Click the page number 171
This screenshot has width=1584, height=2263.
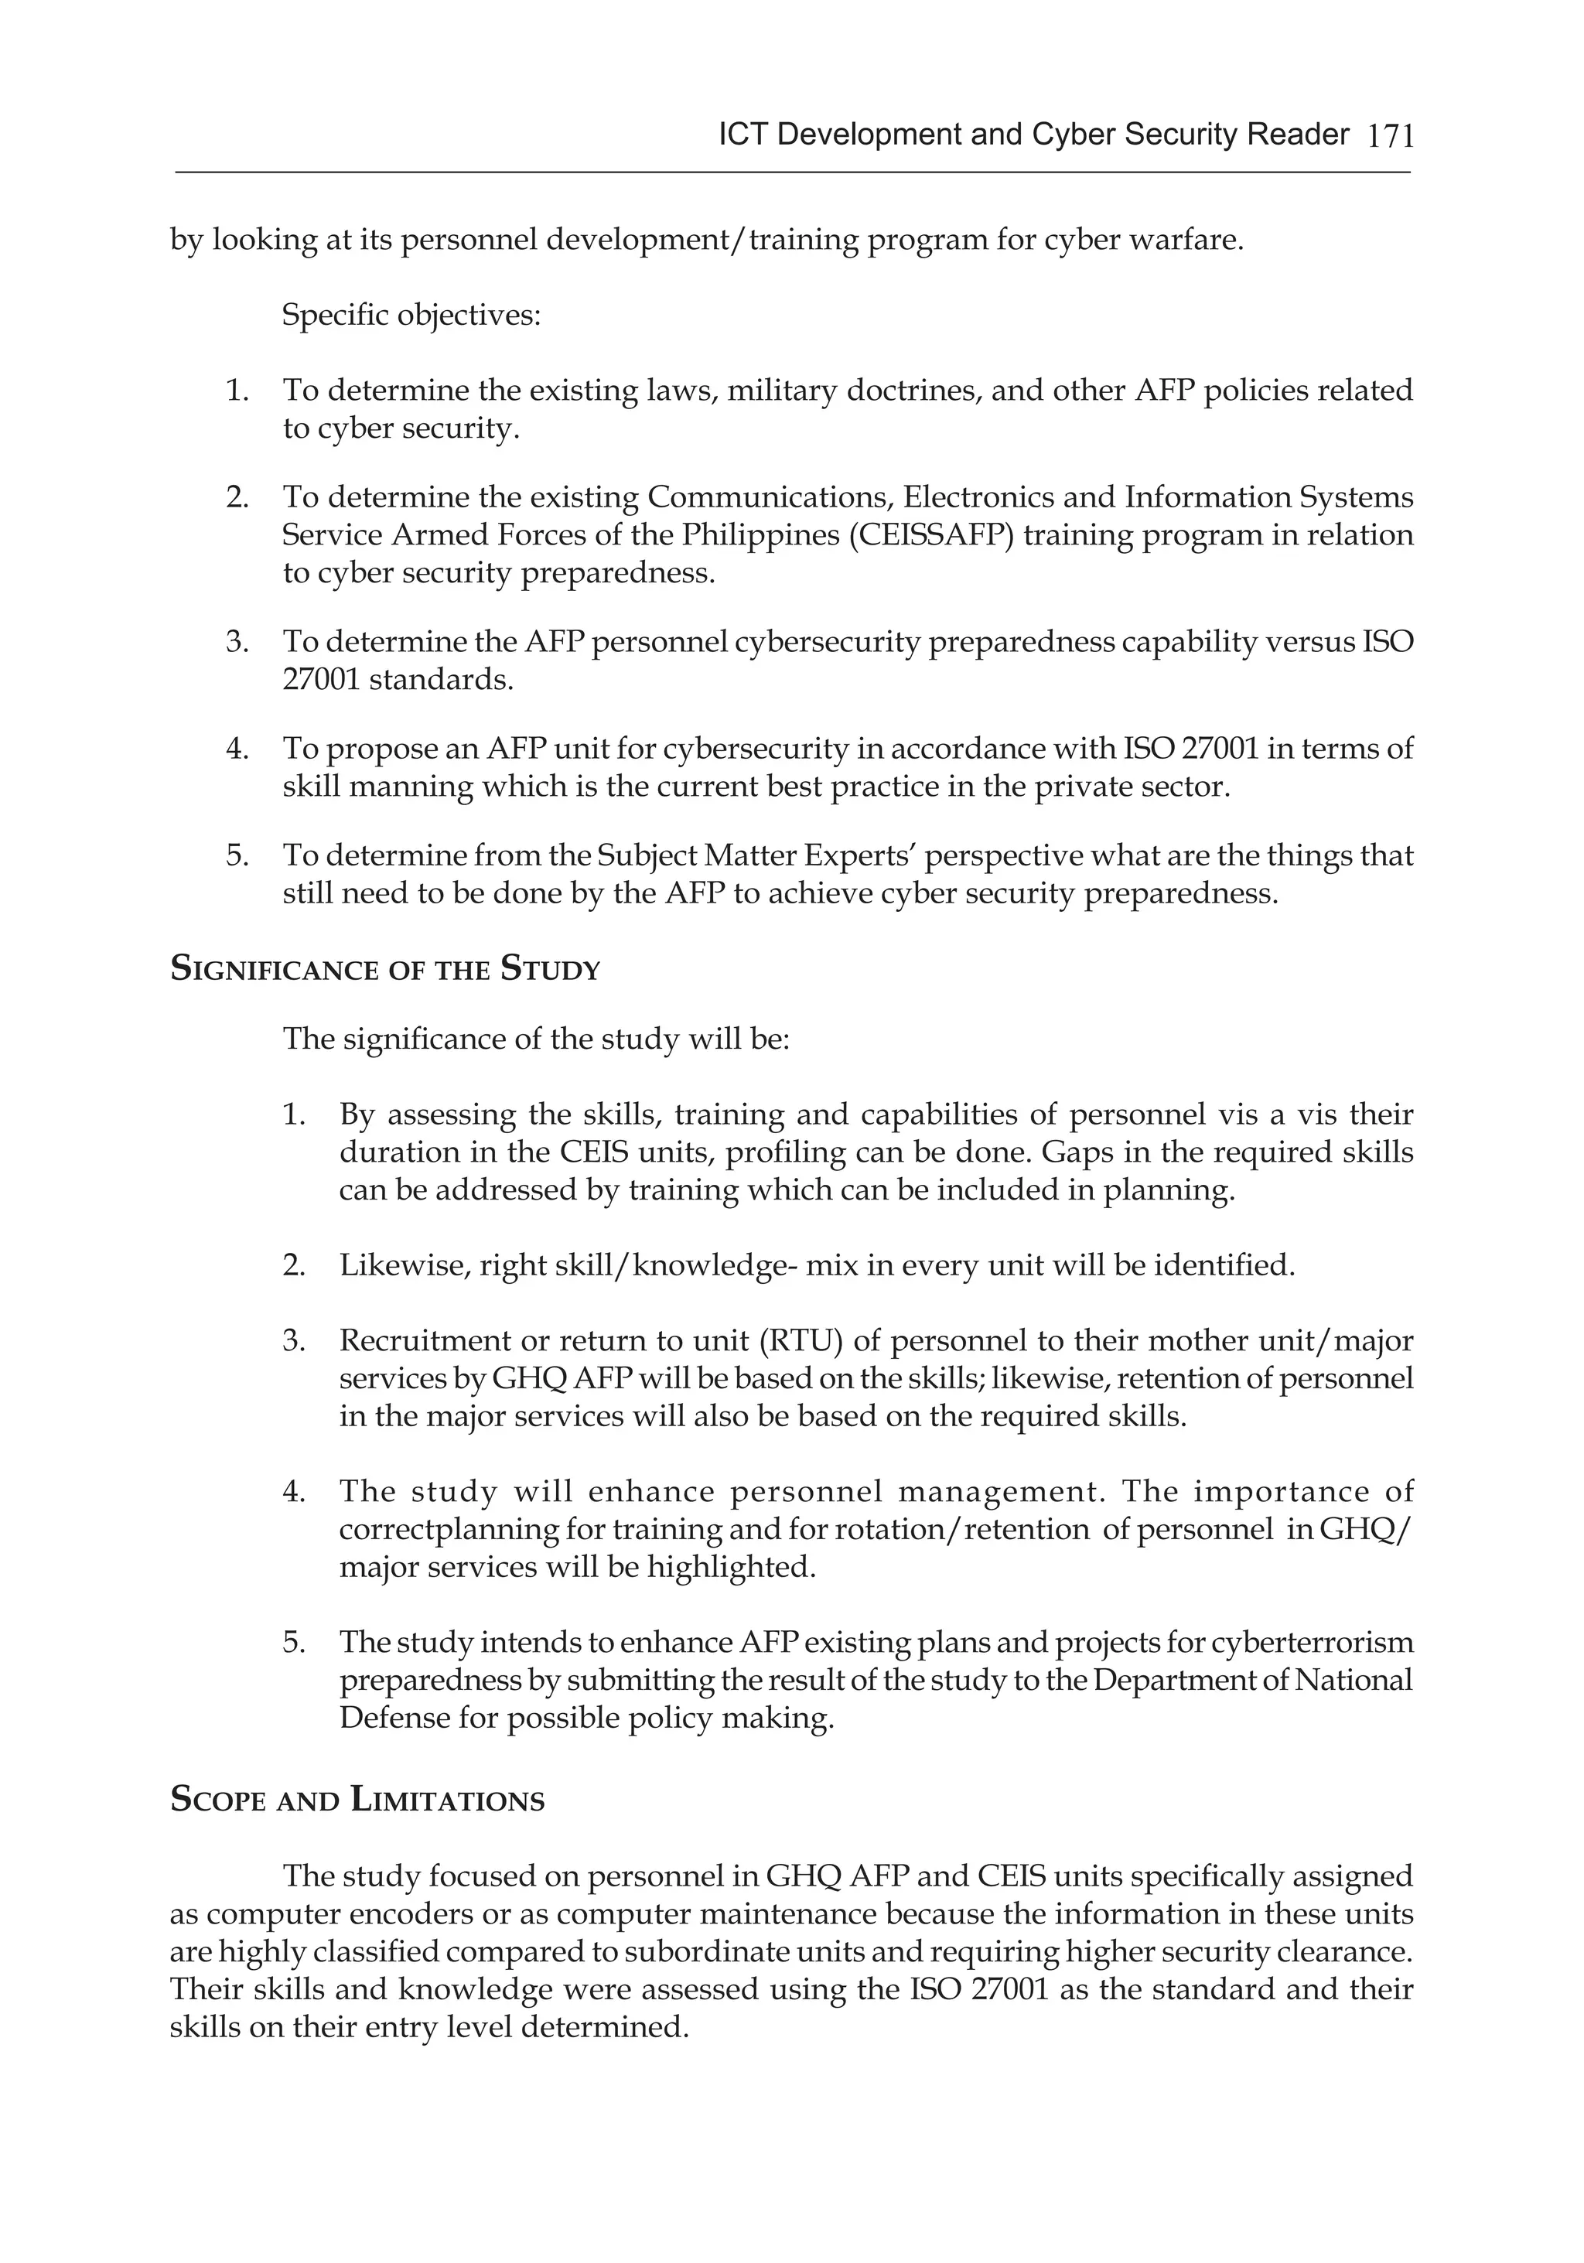tap(1391, 135)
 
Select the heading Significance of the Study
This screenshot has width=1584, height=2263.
tap(385, 970)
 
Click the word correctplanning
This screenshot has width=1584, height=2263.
tap(449, 1530)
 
